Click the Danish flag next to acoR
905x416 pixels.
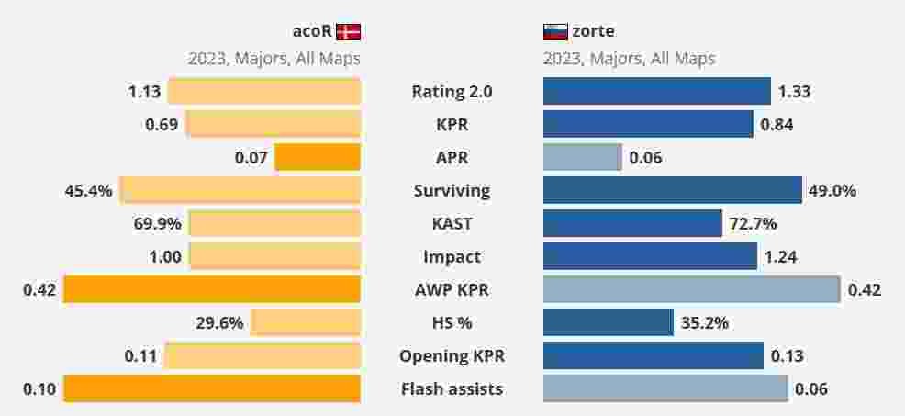coord(348,32)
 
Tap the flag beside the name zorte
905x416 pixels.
coord(555,32)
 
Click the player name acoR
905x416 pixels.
coord(311,32)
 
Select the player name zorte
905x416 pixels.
coord(593,32)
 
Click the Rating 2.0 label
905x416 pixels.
coord(452,91)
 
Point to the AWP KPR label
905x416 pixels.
coord(452,290)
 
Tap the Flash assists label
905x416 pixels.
coord(452,389)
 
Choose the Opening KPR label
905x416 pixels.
coord(452,356)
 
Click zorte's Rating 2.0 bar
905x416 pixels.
coord(656,91)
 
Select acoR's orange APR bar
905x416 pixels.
coord(318,158)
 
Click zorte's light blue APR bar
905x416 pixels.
coord(582,158)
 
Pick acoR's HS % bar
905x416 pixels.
coord(306,322)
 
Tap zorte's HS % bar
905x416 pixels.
coord(608,322)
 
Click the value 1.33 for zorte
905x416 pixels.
coord(794,91)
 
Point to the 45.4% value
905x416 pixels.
coord(89,191)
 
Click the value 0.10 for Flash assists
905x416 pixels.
coord(39,389)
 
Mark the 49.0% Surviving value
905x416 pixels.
coord(832,191)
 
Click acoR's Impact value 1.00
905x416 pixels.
coord(165,257)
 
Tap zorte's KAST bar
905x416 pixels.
coord(632,224)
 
